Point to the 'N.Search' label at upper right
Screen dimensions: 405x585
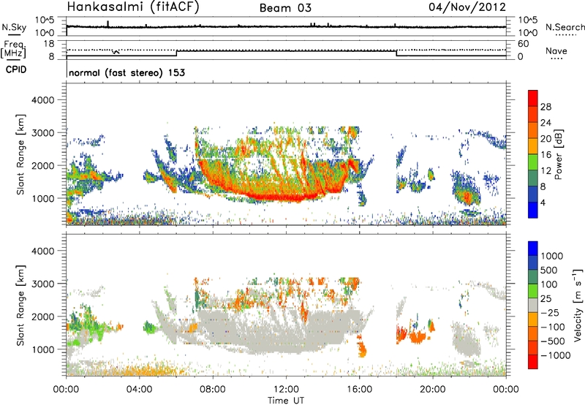click(565, 27)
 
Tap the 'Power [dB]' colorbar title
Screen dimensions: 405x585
click(568, 154)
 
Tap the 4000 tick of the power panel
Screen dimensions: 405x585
click(48, 99)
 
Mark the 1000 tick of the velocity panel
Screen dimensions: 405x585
click(48, 349)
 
